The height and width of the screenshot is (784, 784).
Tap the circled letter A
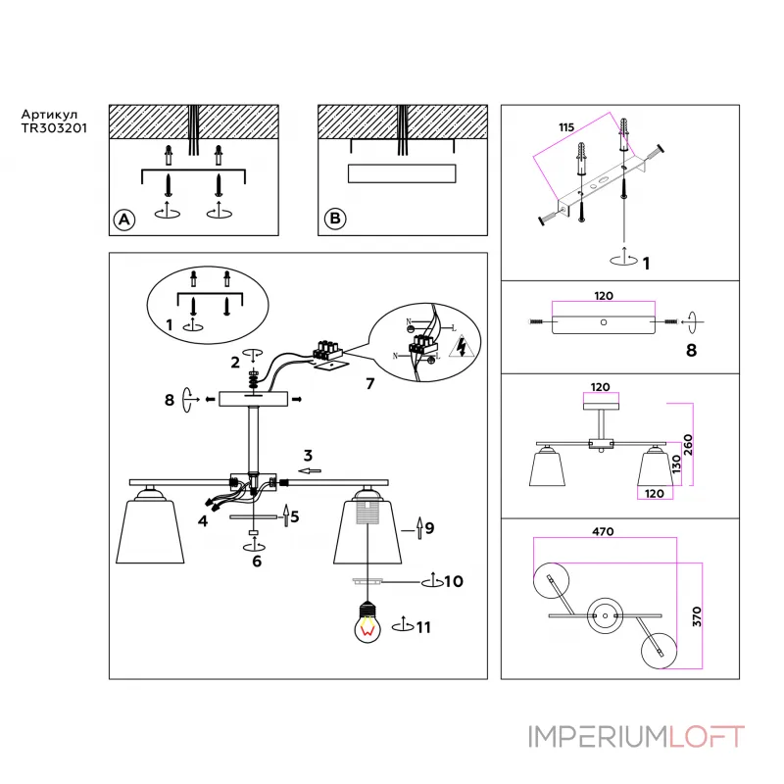pos(123,220)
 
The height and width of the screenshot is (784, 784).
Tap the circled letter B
pos(334,220)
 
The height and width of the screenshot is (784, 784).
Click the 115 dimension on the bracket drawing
pos(566,127)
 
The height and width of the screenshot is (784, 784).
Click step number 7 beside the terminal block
pos(369,383)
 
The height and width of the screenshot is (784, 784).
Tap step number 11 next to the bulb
pos(421,626)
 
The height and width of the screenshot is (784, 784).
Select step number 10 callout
pos(453,582)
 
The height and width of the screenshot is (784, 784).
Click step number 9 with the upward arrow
pos(428,528)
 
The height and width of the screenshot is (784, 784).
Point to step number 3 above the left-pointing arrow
pos(307,455)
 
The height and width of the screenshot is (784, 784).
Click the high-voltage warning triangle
pos(460,347)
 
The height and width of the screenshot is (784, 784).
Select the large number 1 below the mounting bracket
pos(645,263)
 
